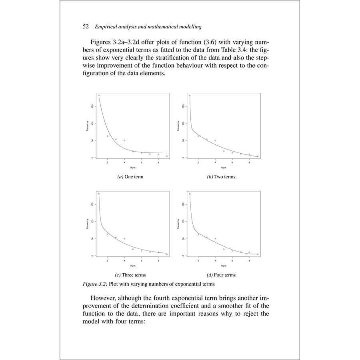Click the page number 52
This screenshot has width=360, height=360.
(x=85, y=27)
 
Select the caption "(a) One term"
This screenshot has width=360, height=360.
(x=130, y=177)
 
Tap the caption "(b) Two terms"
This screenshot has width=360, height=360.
(x=221, y=177)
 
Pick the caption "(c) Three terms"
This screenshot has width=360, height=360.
(x=130, y=275)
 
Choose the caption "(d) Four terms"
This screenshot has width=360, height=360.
(x=221, y=275)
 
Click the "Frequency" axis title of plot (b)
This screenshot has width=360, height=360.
(x=178, y=125)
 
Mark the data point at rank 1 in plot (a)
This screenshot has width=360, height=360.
(x=99, y=95)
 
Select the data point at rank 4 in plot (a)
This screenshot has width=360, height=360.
(x=124, y=140)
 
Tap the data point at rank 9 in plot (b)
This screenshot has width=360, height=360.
(x=258, y=156)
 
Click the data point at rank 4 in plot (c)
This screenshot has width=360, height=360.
(x=124, y=238)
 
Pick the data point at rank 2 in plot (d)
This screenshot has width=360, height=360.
(x=198, y=234)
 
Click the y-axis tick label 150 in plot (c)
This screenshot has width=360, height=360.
(x=92, y=204)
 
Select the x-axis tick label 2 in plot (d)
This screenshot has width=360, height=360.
(x=198, y=260)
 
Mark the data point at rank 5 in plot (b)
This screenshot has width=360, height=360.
(x=224, y=151)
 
